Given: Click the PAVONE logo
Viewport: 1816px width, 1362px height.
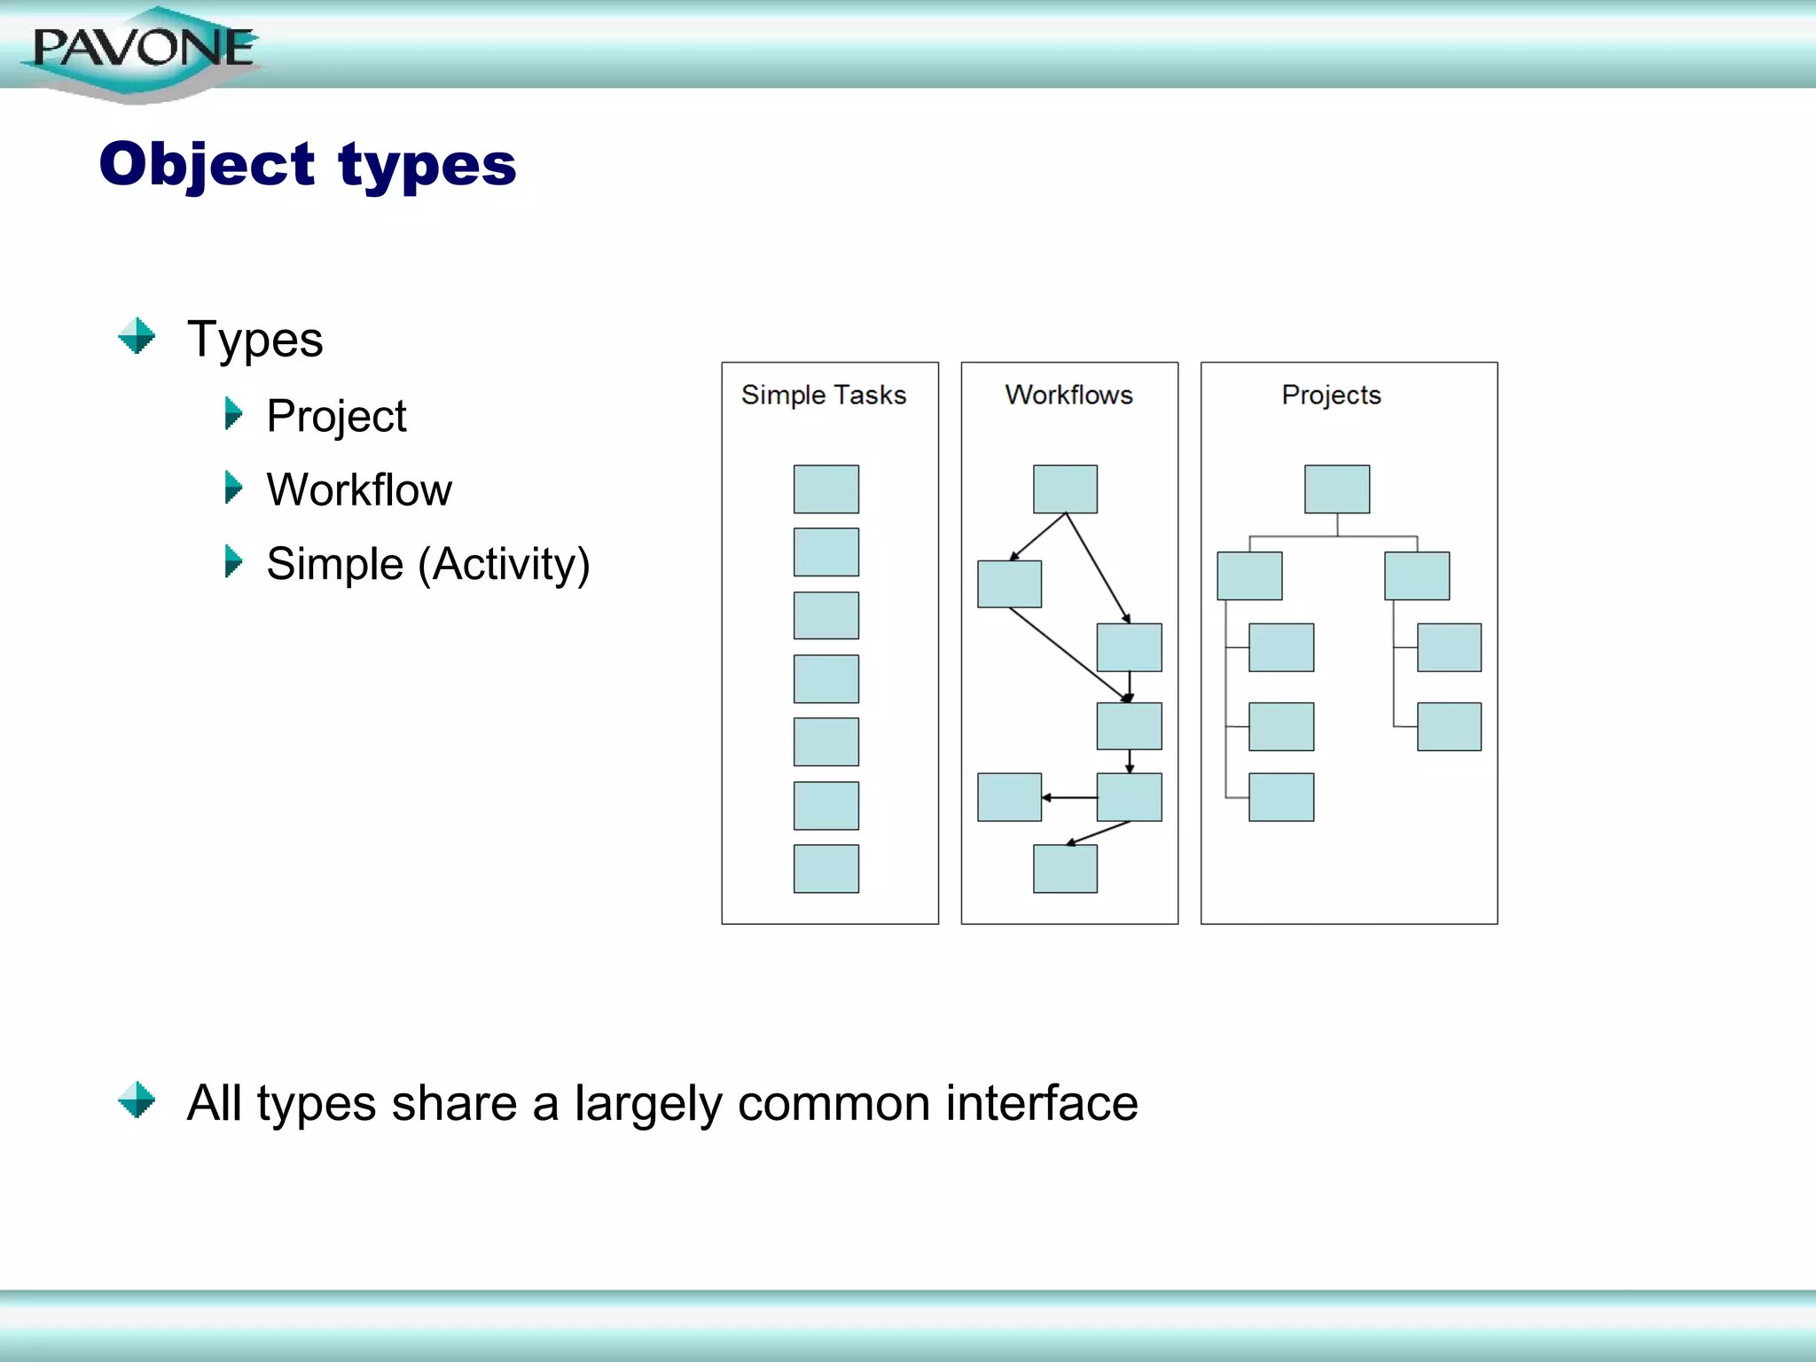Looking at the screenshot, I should point(142,50).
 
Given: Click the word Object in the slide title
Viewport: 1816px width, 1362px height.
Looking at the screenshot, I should point(207,165).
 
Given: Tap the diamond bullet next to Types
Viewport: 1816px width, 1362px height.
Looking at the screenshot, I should point(137,336).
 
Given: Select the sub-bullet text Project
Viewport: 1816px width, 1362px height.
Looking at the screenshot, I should point(336,416).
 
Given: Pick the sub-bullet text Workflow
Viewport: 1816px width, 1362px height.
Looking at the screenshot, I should point(359,489).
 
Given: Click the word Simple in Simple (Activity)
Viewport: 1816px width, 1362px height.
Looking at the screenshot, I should point(334,564).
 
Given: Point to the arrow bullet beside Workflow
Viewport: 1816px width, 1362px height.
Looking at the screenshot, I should point(233,488).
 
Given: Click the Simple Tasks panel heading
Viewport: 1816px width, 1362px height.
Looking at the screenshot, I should point(824,395).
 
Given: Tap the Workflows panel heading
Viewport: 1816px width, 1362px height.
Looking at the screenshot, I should point(1068,395).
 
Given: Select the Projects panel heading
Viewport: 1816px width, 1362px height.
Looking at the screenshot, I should point(1331,395).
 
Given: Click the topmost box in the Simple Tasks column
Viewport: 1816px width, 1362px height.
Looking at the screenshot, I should point(826,489).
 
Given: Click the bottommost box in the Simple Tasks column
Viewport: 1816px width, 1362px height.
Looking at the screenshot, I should point(826,868).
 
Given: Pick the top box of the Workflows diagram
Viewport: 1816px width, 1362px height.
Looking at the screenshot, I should point(1065,489).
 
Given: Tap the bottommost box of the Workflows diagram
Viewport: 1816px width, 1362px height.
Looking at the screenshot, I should point(1065,868).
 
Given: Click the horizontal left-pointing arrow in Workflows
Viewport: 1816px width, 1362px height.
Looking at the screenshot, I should point(1068,797).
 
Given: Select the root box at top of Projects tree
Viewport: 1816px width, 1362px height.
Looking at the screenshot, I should point(1336,489).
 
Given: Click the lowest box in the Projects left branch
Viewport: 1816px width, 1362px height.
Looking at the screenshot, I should point(1281,797).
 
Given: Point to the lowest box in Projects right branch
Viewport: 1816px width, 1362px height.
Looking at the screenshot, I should point(1449,726).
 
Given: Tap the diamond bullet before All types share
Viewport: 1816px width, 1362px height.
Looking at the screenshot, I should point(137,1100).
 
